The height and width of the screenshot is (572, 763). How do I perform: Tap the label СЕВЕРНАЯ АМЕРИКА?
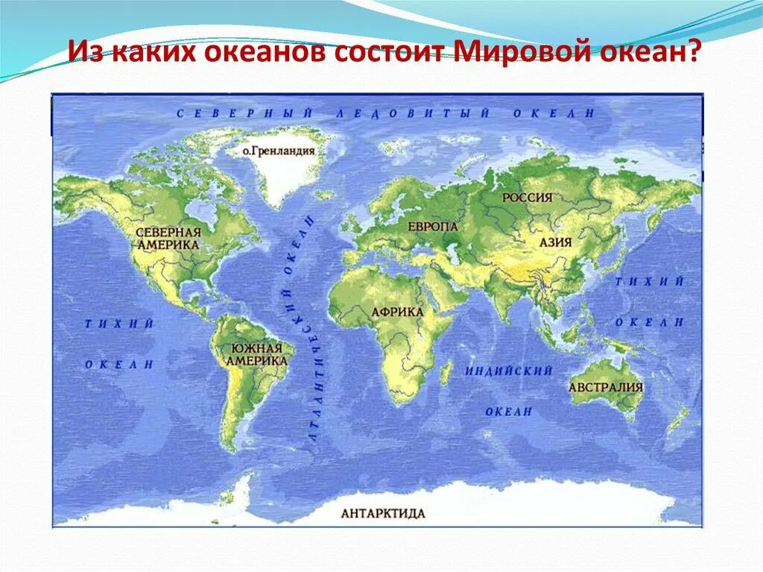168,238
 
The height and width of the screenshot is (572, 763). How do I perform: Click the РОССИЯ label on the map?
527,198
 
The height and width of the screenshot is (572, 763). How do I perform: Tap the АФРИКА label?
397,312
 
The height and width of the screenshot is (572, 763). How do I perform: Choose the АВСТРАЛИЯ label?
605,388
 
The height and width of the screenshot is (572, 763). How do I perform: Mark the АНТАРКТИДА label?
383,513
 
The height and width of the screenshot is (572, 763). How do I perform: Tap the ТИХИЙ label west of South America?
118,324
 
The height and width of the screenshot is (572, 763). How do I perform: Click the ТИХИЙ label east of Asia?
649,281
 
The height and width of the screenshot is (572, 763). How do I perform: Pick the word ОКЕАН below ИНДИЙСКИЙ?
509,412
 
